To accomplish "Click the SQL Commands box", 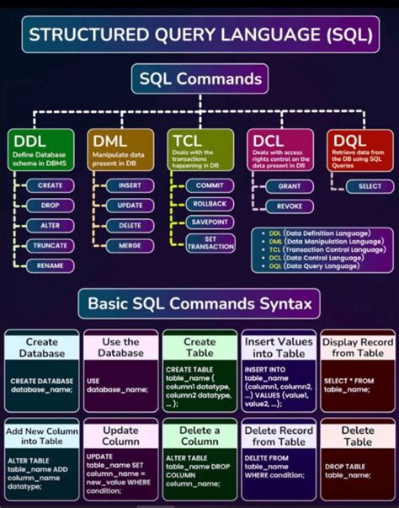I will tap(199, 81).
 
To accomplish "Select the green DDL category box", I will tap(40, 149).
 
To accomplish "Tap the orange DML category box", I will tap(120, 149).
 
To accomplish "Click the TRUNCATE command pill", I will tap(51, 245).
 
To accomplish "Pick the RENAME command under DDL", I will tap(51, 265).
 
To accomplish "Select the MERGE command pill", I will tap(130, 244).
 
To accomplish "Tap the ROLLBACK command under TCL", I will tap(209, 204).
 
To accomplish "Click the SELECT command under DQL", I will tap(370, 185).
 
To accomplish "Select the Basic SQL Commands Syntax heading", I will tap(199, 302).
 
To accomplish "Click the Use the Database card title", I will tap(120, 347).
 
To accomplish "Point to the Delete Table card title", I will tap(357, 435).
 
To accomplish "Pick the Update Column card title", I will tap(120, 435).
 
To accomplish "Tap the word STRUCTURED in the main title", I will tap(81, 34).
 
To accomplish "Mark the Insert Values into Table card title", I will tap(278, 347).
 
